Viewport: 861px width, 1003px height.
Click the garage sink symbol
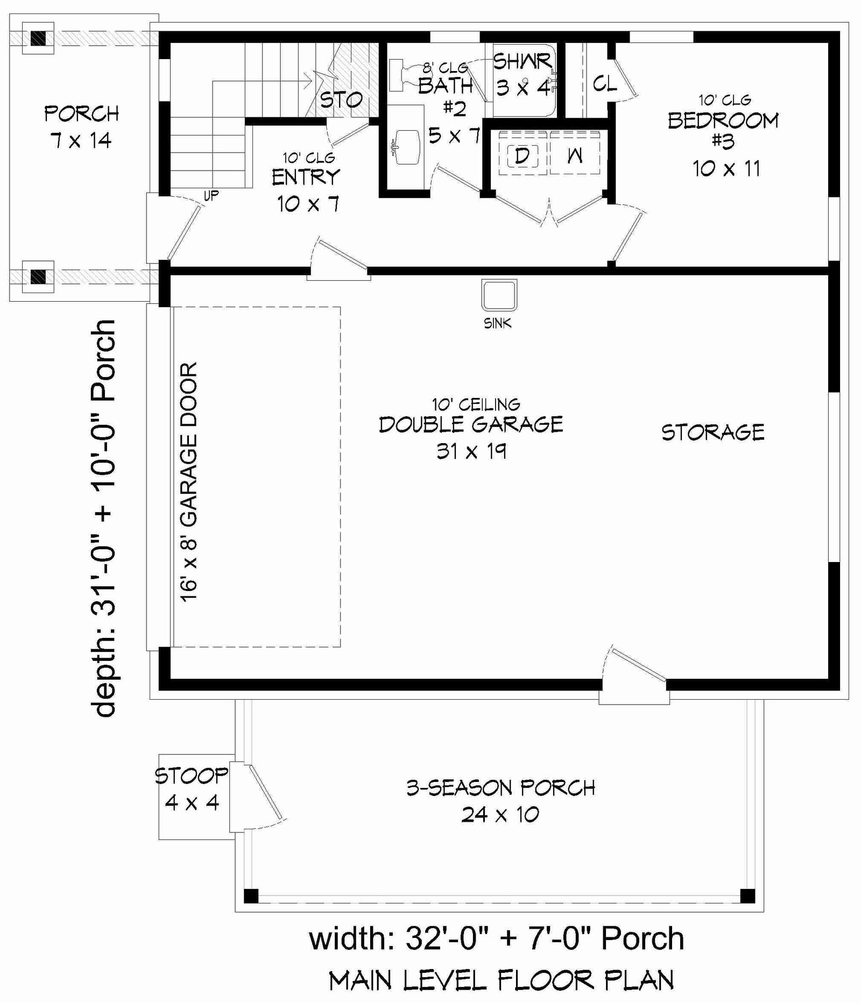499,295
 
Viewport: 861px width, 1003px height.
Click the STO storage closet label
341,99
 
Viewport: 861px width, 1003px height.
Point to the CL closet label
605,84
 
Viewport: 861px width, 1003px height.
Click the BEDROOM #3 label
723,131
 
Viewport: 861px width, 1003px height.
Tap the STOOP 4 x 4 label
192,789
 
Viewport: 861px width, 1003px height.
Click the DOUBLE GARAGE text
471,424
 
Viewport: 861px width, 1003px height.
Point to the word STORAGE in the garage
712,432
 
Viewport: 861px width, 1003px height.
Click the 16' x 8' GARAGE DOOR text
189,482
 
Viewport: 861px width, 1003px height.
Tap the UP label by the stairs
211,196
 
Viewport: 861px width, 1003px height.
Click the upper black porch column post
38,38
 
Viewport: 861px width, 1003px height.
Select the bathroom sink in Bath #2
407,146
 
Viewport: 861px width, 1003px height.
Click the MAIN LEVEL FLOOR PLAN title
501,981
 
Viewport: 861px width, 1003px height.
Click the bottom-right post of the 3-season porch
747,896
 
